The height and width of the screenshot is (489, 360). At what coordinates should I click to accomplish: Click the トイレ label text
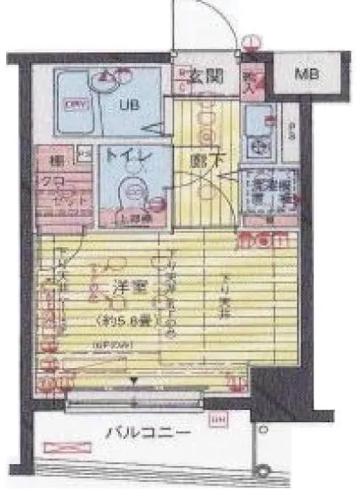pyautogui.click(x=127, y=157)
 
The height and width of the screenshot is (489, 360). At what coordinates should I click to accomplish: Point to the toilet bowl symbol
pyautogui.click(x=134, y=192)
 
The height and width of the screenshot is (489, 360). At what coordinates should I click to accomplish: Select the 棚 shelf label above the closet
pyautogui.click(x=55, y=162)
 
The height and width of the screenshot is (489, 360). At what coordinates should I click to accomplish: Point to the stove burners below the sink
pyautogui.click(x=261, y=143)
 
